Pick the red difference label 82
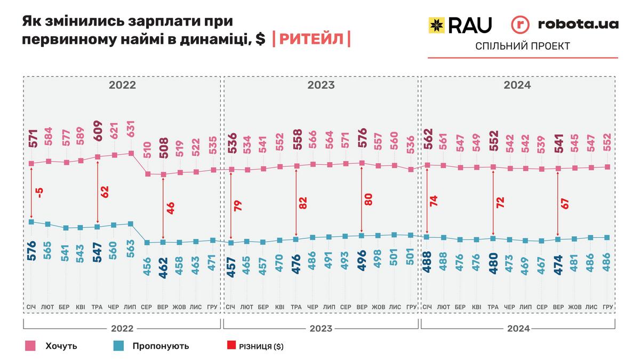pyautogui.click(x=303, y=203)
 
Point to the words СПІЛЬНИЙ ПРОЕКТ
pyautogui.click(x=523, y=46)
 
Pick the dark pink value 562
pyautogui.click(x=428, y=141)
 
